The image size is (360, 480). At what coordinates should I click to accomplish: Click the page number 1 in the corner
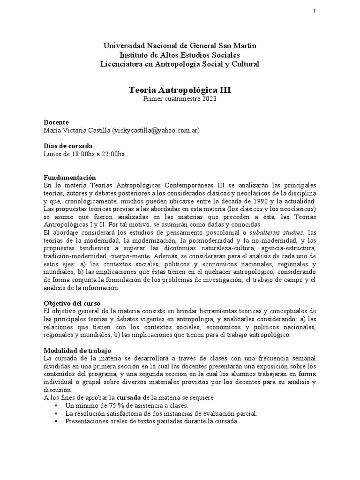(x=315, y=11)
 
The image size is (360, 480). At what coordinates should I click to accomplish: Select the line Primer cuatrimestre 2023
(x=180, y=99)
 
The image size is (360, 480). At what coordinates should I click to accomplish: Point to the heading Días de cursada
(x=68, y=146)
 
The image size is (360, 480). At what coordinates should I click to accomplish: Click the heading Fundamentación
(x=69, y=178)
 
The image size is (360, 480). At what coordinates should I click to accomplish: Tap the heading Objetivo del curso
(x=72, y=303)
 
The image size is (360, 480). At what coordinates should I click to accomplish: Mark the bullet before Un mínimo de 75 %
(x=56, y=405)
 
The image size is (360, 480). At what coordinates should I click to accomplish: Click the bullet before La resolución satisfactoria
(x=56, y=413)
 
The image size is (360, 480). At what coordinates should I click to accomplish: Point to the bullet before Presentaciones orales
(x=56, y=421)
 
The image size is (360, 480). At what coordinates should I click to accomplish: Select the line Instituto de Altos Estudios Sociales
(x=180, y=55)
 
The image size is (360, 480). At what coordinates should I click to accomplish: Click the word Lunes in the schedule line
(x=52, y=154)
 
